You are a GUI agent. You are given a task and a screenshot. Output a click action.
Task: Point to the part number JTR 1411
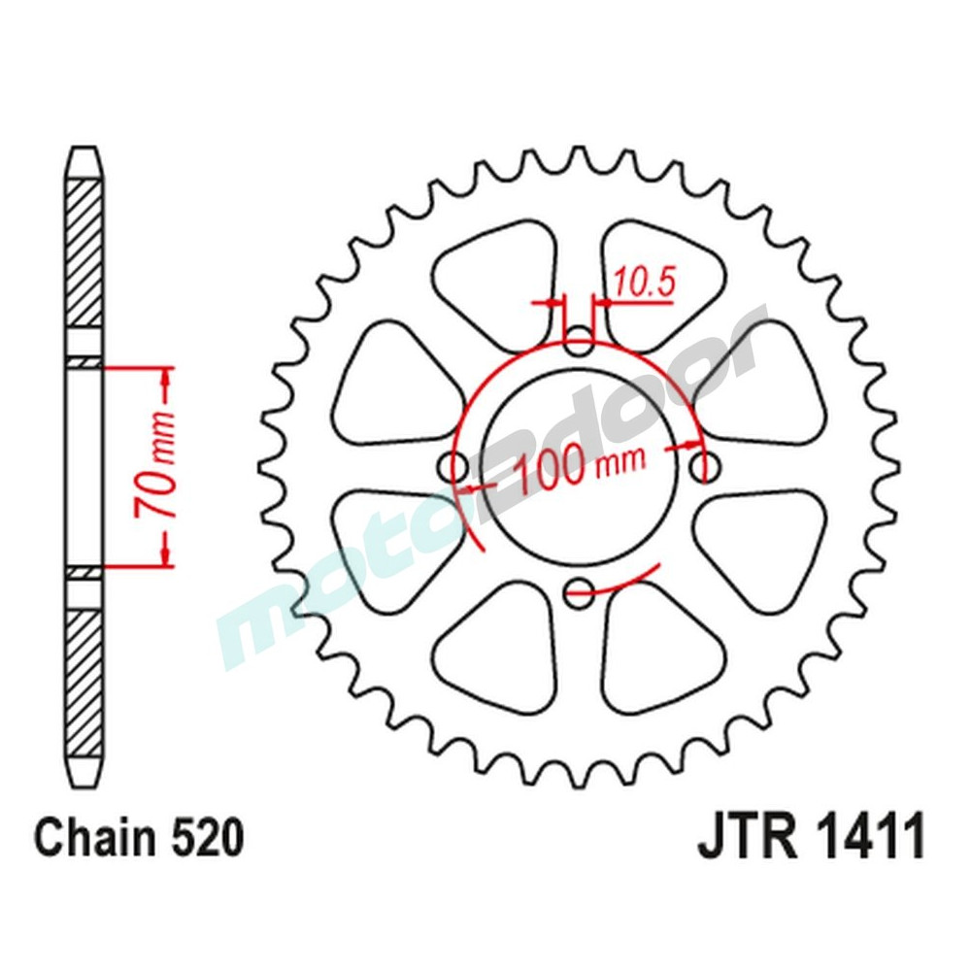point(810,837)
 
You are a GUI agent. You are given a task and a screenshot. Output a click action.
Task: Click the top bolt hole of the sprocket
point(580,342)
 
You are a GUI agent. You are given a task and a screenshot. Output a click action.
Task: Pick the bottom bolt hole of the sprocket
point(580,587)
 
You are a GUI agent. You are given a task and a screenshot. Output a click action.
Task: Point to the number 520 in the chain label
point(203,837)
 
